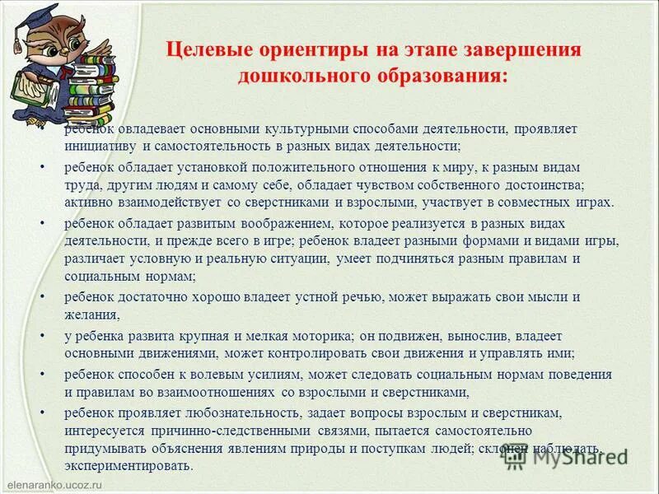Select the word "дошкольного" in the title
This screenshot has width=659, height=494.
[294, 76]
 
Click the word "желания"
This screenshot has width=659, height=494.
[91, 314]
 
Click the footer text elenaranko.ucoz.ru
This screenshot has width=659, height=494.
[52, 479]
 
